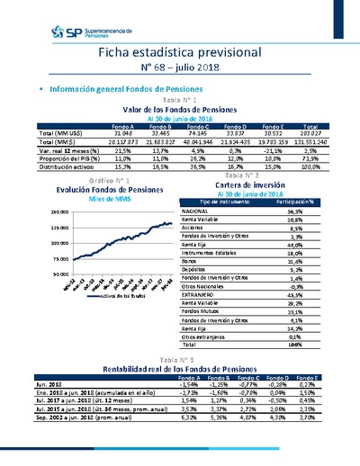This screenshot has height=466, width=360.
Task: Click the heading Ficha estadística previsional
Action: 181,53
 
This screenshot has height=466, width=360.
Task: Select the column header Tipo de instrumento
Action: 229,202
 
